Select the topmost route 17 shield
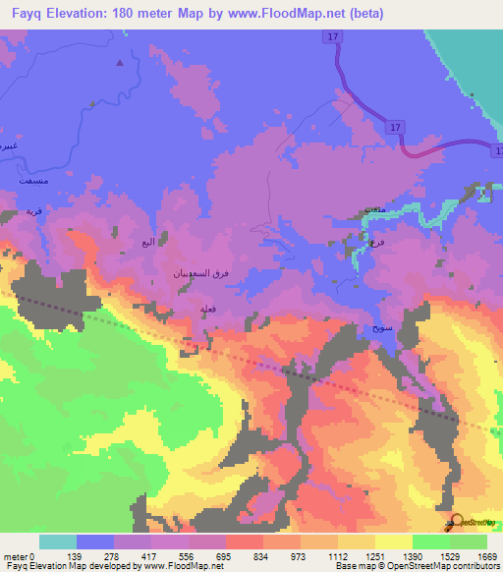pyautogui.click(x=334, y=36)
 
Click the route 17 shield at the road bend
pyautogui.click(x=394, y=128)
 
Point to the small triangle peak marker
pyautogui.click(x=120, y=63)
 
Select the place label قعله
pyautogui.click(x=208, y=310)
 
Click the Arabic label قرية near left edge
pyautogui.click(x=33, y=211)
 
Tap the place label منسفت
pyautogui.click(x=18, y=183)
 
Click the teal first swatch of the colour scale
pyautogui.click(x=57, y=542)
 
